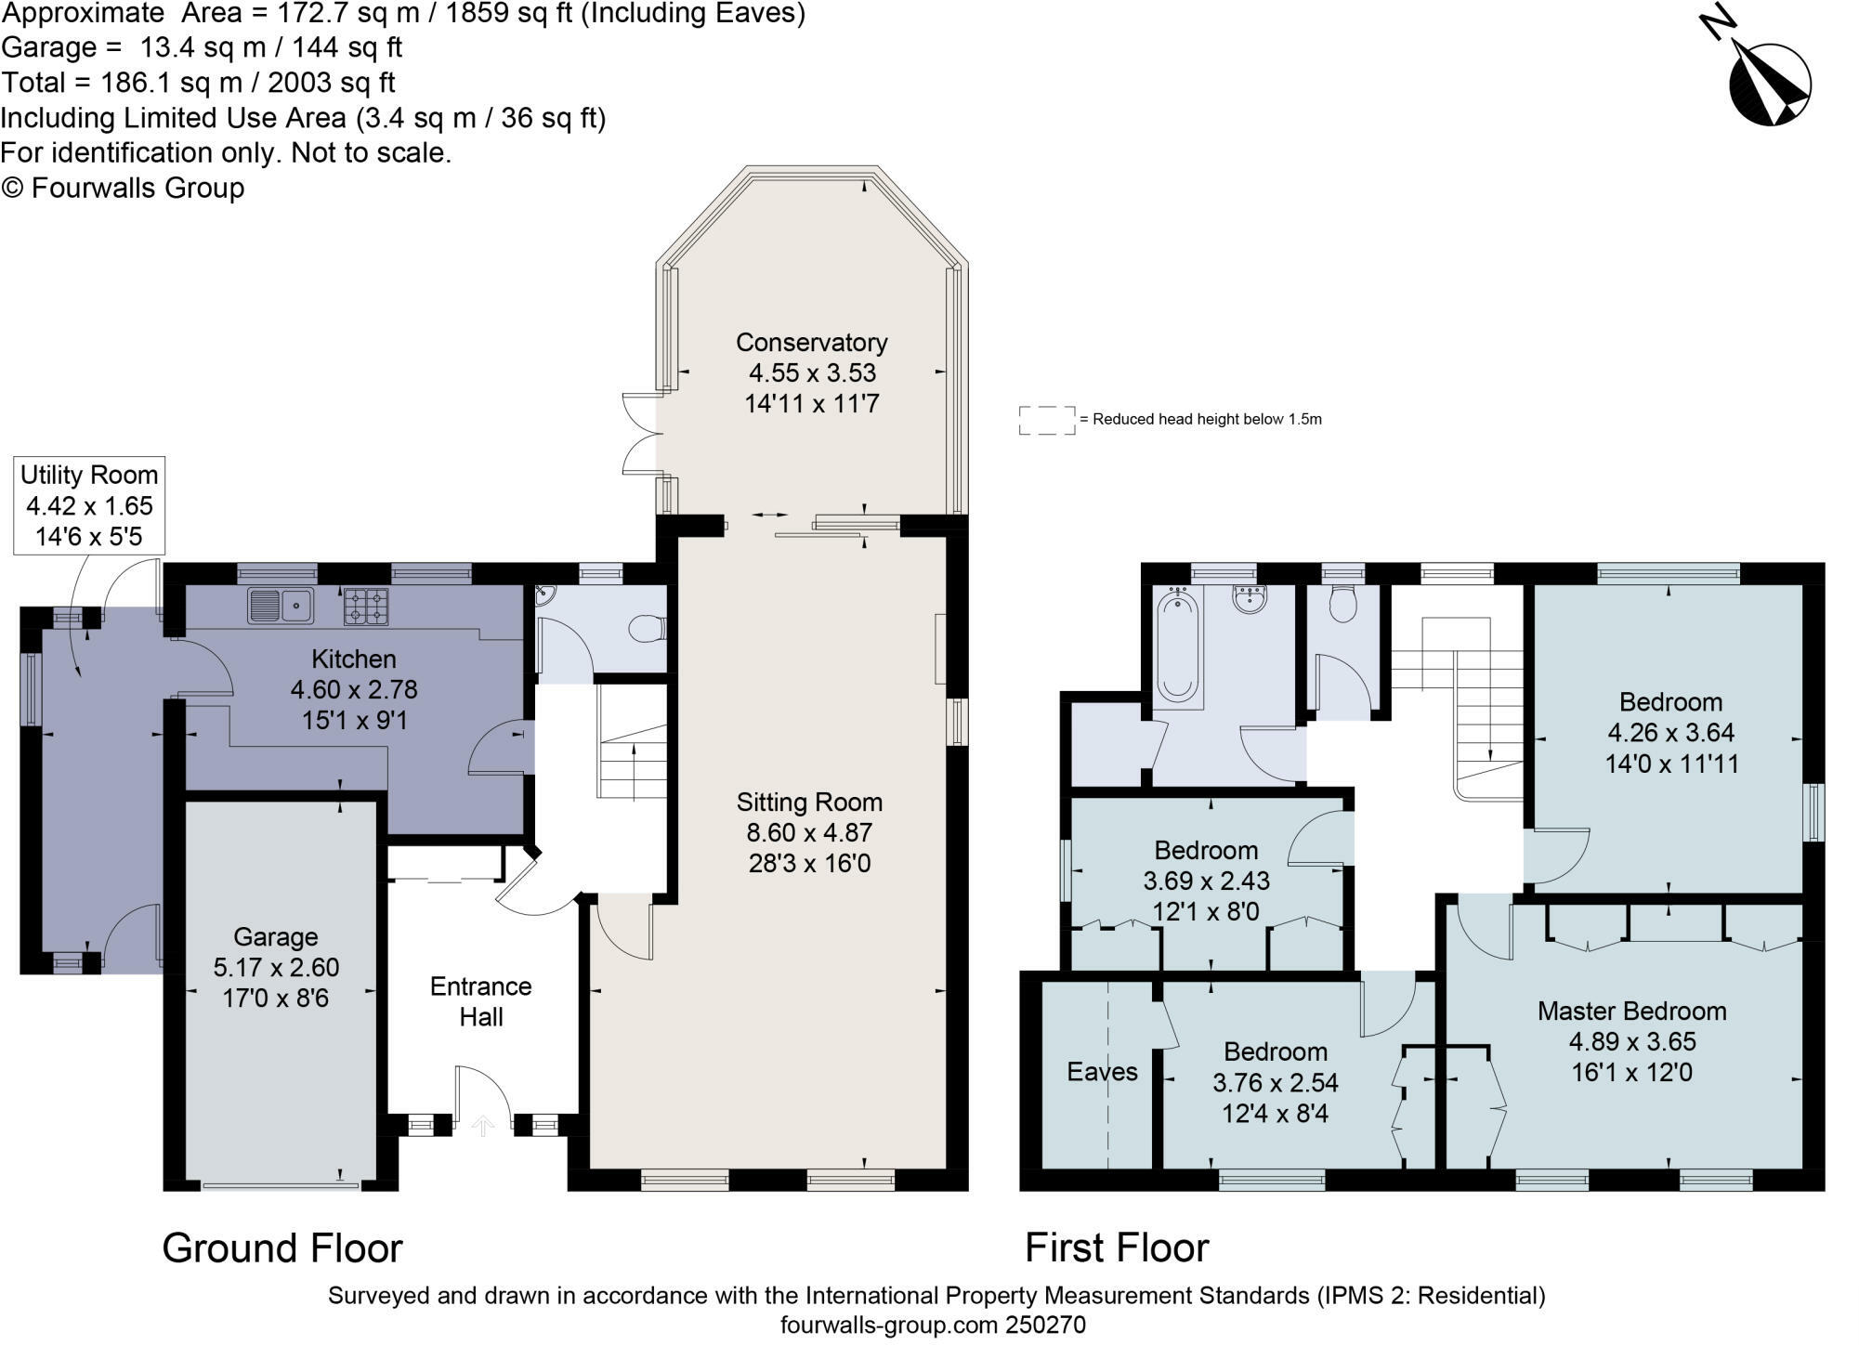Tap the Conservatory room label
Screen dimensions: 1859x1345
(811, 342)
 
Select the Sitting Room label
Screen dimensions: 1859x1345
(809, 802)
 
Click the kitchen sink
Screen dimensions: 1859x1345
(281, 606)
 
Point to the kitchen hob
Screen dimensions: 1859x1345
(366, 606)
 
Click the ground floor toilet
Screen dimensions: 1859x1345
(647, 630)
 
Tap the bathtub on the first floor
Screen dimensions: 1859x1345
(1178, 646)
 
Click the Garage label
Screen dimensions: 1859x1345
(275, 936)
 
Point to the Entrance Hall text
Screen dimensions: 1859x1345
(480, 1001)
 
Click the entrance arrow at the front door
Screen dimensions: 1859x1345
(483, 1127)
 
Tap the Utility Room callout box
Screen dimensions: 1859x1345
(89, 506)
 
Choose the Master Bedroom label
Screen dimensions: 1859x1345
(1631, 1011)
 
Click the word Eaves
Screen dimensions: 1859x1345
(1102, 1072)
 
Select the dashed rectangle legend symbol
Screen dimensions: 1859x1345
(1047, 420)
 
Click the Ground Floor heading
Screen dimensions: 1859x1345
(282, 1247)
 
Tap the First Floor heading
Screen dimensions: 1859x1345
(1117, 1247)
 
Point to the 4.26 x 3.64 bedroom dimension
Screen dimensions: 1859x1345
(1670, 733)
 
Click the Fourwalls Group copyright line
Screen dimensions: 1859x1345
(123, 188)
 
